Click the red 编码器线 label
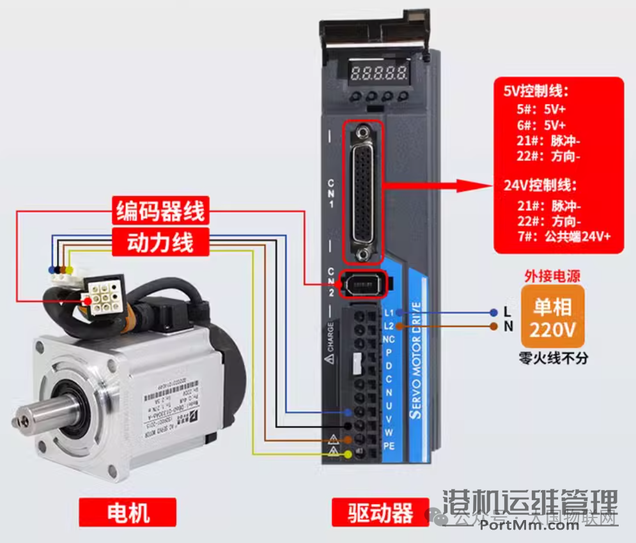(160, 211)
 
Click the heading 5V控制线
(536, 91)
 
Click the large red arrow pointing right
(441, 186)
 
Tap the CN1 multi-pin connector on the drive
(364, 191)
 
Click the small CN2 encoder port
(363, 284)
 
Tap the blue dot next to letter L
(493, 312)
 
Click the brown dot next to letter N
(493, 326)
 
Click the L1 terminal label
(389, 312)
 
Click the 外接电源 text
(552, 276)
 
